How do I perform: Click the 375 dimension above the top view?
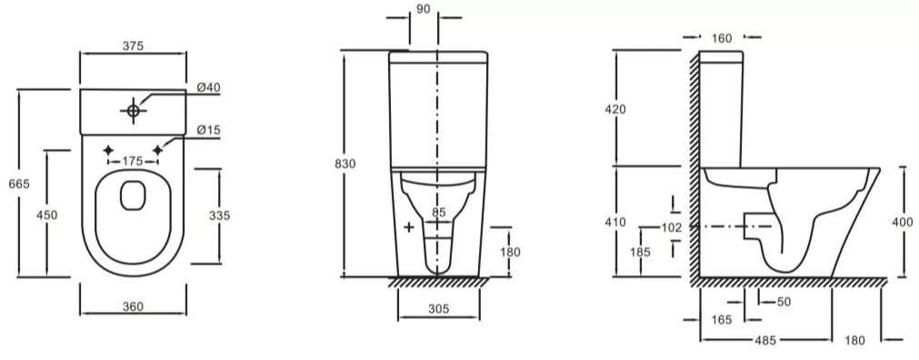point(133,46)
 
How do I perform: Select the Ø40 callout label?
point(209,87)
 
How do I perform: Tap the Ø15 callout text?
point(209,130)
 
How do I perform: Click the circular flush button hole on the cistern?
point(133,110)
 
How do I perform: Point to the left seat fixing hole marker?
point(108,151)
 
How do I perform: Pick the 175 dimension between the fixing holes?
point(133,161)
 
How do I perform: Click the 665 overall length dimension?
point(19,185)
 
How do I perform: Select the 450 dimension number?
point(47,215)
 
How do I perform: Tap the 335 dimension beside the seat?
point(220,215)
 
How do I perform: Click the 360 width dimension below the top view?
point(133,306)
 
